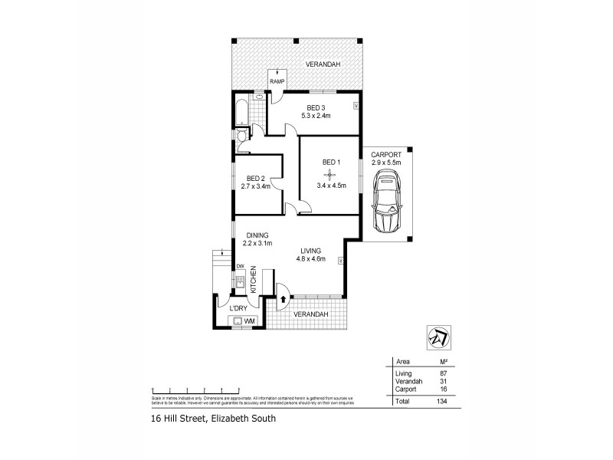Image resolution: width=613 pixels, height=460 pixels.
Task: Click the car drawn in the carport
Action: (388, 203)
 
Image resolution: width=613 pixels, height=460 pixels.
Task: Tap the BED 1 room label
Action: (331, 162)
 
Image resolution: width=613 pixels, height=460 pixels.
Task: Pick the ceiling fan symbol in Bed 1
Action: (331, 174)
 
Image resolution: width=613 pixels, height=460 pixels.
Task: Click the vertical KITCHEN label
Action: (253, 279)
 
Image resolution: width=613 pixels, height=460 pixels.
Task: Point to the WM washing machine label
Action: (249, 320)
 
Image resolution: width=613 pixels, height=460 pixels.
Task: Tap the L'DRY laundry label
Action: (238, 308)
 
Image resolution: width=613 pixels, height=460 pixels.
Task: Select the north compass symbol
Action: (438, 336)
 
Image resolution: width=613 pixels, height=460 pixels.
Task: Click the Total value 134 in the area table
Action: (441, 401)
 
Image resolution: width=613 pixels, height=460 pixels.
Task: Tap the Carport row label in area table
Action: (405, 389)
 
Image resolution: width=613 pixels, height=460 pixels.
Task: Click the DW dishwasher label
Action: (240, 266)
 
